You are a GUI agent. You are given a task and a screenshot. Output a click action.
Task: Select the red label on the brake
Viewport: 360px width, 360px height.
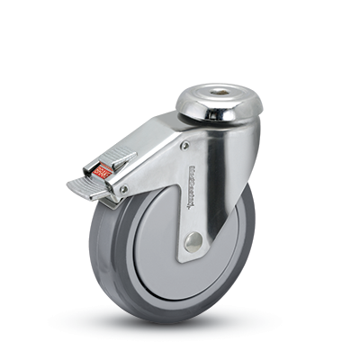coord(101,167)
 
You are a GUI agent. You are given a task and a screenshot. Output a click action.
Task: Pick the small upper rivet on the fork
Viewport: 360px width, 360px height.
coord(184,144)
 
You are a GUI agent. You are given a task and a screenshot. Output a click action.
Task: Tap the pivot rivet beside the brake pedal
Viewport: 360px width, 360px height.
coord(122,188)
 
